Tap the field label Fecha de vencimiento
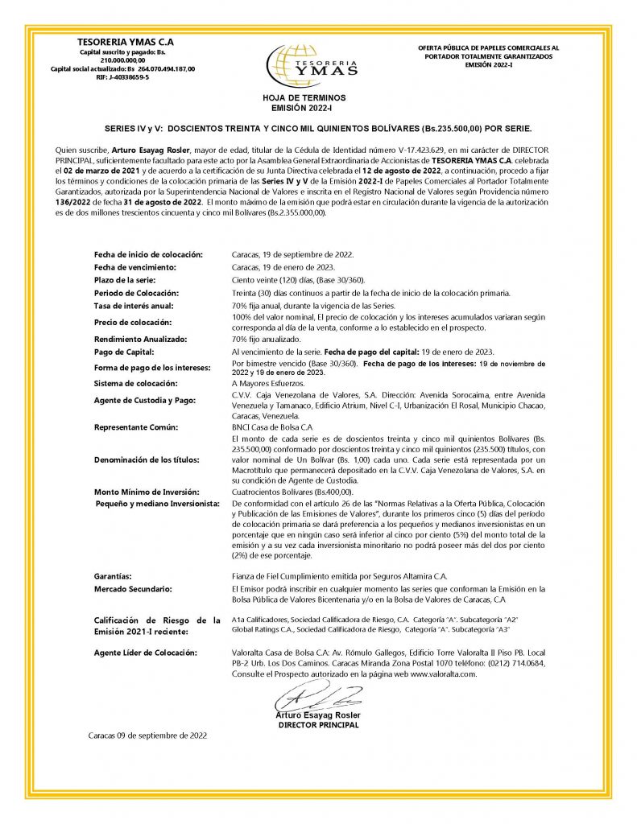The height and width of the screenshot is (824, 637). click(x=134, y=266)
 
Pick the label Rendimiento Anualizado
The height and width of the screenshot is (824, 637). click(x=140, y=339)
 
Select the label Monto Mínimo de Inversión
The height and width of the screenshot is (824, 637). click(x=146, y=491)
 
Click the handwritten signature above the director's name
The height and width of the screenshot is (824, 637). click(x=318, y=695)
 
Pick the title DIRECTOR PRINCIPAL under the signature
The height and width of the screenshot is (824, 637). click(x=318, y=725)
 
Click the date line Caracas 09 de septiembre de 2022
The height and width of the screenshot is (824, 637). click(x=148, y=735)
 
